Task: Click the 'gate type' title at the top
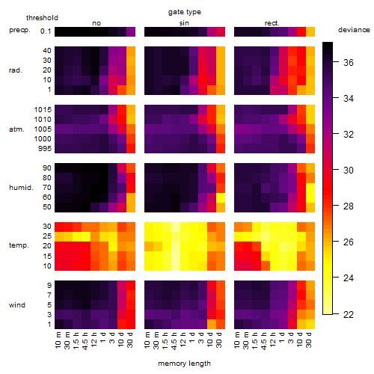(185, 12)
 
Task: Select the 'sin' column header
(184, 23)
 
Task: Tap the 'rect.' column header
(272, 23)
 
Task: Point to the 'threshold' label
(42, 18)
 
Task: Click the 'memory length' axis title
(184, 364)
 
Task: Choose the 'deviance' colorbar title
(354, 30)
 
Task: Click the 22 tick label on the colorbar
(349, 314)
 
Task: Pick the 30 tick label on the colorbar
(349, 171)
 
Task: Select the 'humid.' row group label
(21, 188)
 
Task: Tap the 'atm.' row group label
(16, 129)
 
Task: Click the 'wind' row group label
(17, 305)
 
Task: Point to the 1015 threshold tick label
(43, 110)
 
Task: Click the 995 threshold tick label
(45, 149)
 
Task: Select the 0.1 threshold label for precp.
(46, 31)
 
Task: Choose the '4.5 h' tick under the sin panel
(174, 341)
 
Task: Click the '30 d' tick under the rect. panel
(309, 340)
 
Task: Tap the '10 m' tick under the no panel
(58, 340)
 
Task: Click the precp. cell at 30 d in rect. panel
(310, 31)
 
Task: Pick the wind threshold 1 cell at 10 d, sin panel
(212, 324)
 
